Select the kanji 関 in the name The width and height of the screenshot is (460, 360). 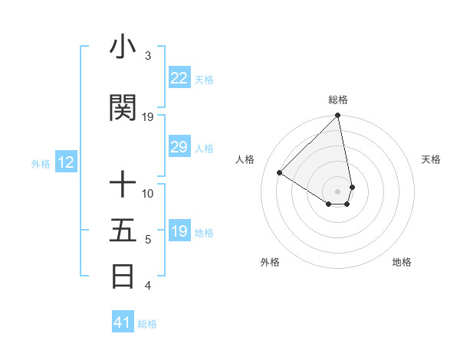[123, 108]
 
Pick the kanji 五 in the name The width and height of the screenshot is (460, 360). [123, 231]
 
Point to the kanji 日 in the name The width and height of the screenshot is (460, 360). [123, 277]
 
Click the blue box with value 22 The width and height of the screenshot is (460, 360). [179, 78]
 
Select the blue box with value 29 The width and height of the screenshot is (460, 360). [179, 148]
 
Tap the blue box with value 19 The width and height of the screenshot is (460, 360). [179, 232]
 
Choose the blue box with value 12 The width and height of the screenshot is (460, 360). [65, 162]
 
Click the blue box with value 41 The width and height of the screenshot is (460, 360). [123, 322]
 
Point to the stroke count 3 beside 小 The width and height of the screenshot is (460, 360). [147, 56]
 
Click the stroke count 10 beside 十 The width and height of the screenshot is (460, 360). [148, 193]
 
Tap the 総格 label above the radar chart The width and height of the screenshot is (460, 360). [338, 100]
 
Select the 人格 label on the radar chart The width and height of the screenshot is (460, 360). [245, 159]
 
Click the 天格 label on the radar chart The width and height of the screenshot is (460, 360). [431, 159]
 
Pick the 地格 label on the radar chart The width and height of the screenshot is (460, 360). [402, 262]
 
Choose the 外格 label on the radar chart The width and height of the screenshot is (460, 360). [270, 262]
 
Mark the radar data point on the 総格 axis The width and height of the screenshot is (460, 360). [338, 116]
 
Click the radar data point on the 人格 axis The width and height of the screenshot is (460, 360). [280, 173]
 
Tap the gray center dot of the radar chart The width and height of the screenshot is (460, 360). [338, 191]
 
